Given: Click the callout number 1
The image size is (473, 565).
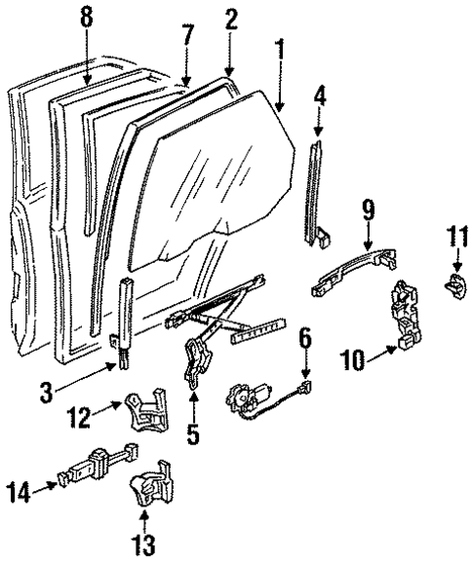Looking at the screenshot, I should (x=279, y=46).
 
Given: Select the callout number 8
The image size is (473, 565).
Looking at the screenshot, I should (x=87, y=17).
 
